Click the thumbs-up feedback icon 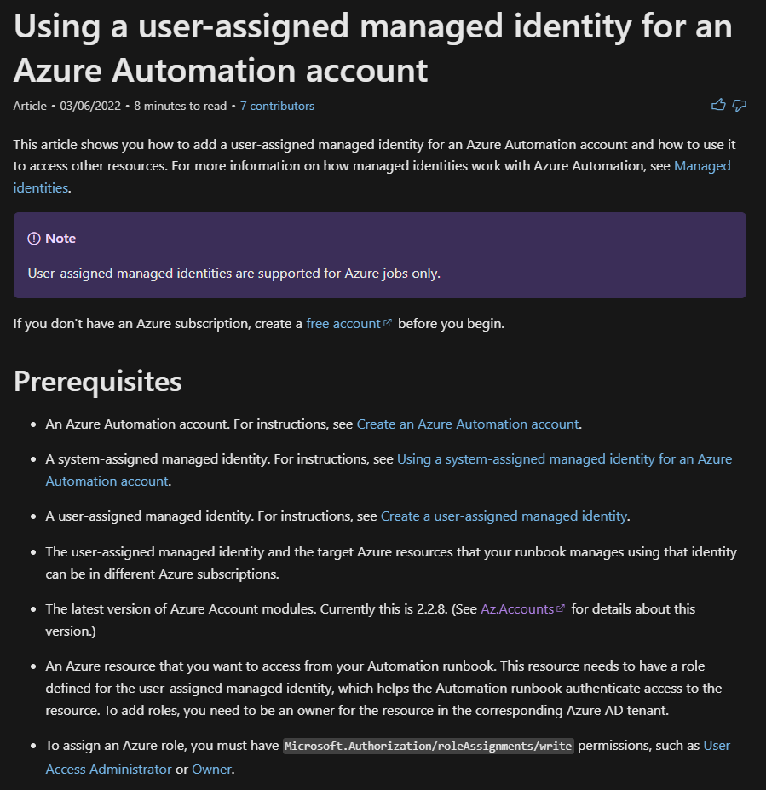pos(718,106)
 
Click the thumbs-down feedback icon pos(740,106)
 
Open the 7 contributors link pos(277,107)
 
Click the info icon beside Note pos(34,239)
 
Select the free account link pos(343,324)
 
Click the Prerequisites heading pos(98,381)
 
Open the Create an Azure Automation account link pos(468,424)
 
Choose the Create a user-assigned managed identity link pos(504,516)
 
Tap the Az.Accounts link pos(517,609)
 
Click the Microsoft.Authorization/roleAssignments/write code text pos(429,747)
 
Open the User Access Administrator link pos(108,770)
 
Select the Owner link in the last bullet pos(211,770)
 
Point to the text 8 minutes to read pos(180,107)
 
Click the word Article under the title pos(30,107)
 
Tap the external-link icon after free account pos(388,323)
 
